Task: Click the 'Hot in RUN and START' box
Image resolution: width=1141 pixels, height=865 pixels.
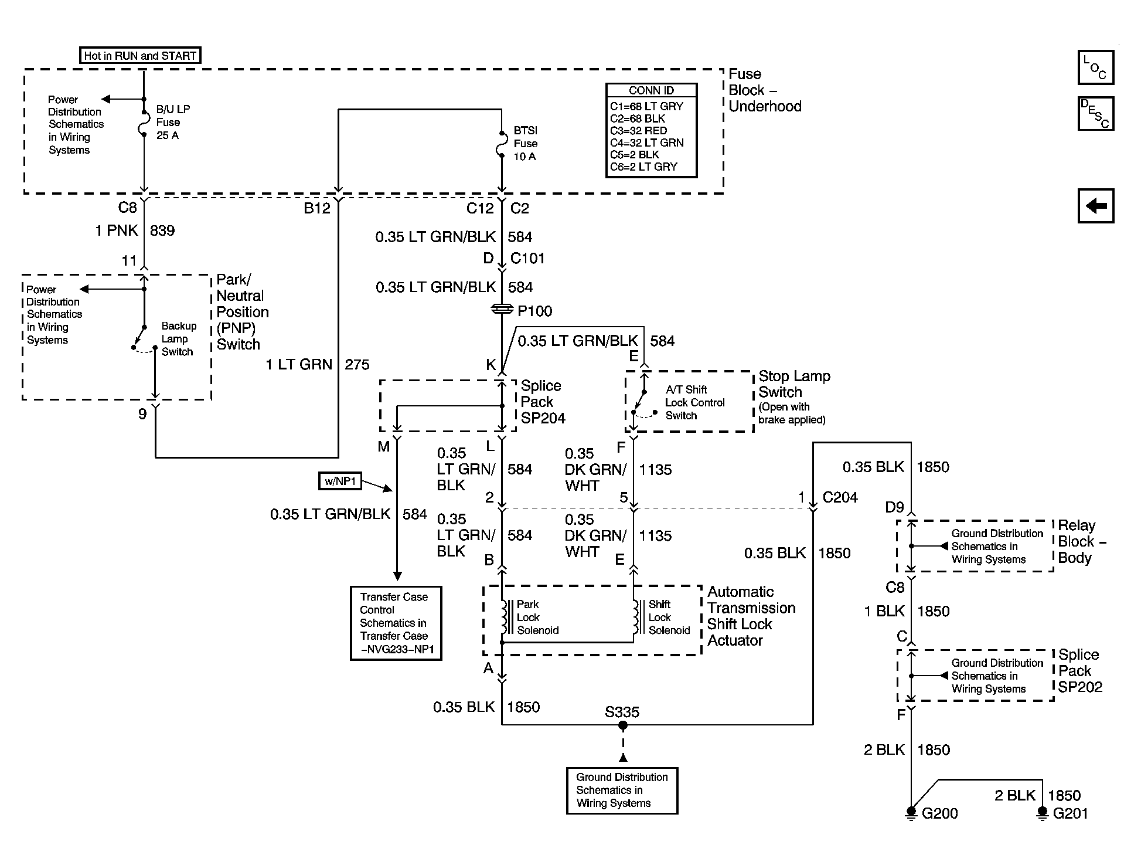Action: (x=139, y=56)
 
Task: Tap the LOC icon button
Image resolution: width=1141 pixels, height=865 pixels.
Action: (x=1095, y=67)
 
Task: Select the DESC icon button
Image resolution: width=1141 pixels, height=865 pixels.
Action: (x=1095, y=113)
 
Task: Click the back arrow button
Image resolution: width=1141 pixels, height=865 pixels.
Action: (x=1095, y=206)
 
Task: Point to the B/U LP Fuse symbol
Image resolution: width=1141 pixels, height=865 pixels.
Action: (x=144, y=123)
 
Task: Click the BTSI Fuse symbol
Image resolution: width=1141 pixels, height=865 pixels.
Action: (x=502, y=144)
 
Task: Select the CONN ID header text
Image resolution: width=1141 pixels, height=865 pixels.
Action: (x=651, y=90)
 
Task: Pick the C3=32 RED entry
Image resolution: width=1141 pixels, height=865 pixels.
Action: (x=638, y=131)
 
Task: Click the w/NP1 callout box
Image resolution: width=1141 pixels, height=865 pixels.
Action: (x=340, y=481)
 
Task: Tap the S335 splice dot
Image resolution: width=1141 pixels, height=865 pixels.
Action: (x=623, y=725)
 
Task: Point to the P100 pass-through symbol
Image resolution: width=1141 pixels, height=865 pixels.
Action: (x=502, y=309)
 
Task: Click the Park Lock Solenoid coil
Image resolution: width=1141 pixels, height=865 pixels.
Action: (x=503, y=618)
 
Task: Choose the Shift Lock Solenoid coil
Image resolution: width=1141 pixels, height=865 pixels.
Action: (x=635, y=618)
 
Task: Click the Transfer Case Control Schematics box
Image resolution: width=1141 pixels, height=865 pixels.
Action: (x=396, y=623)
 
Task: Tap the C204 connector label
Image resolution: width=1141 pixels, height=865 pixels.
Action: (x=840, y=497)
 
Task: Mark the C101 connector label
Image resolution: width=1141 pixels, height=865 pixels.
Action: (x=527, y=259)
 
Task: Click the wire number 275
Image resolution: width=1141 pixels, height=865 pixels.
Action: (x=357, y=365)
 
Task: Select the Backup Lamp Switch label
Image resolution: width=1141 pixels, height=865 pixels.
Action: (x=178, y=339)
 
